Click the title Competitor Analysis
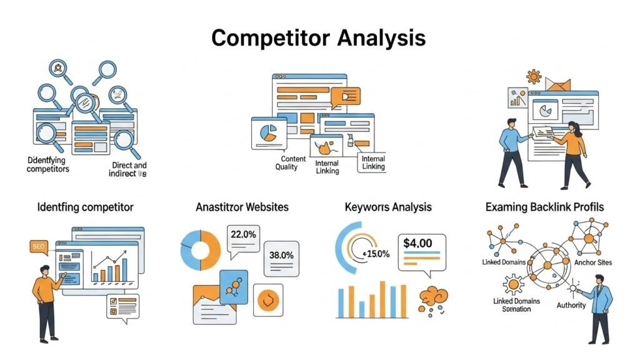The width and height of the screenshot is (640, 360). (319, 38)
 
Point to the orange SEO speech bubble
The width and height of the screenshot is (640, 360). (39, 247)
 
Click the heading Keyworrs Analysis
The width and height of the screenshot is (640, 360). (387, 207)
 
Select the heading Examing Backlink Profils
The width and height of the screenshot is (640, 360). (544, 207)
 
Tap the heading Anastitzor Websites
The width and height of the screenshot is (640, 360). (242, 207)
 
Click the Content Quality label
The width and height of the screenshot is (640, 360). (291, 163)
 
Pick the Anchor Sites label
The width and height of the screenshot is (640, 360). (592, 262)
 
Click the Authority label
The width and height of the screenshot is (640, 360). (571, 305)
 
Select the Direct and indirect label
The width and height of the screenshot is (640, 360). (129, 169)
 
